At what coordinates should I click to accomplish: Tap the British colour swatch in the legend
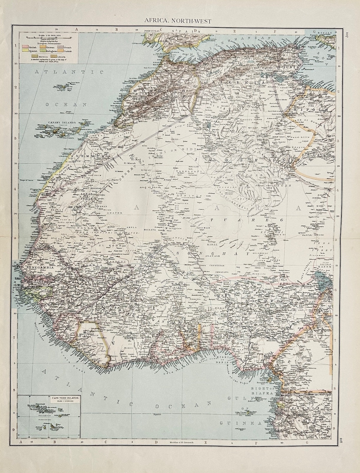(x=25, y=46)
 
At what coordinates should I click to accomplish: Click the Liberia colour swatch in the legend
(x=54, y=56)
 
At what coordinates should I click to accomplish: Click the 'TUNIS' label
(x=290, y=67)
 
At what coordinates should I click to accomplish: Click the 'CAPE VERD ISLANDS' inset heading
(x=64, y=397)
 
